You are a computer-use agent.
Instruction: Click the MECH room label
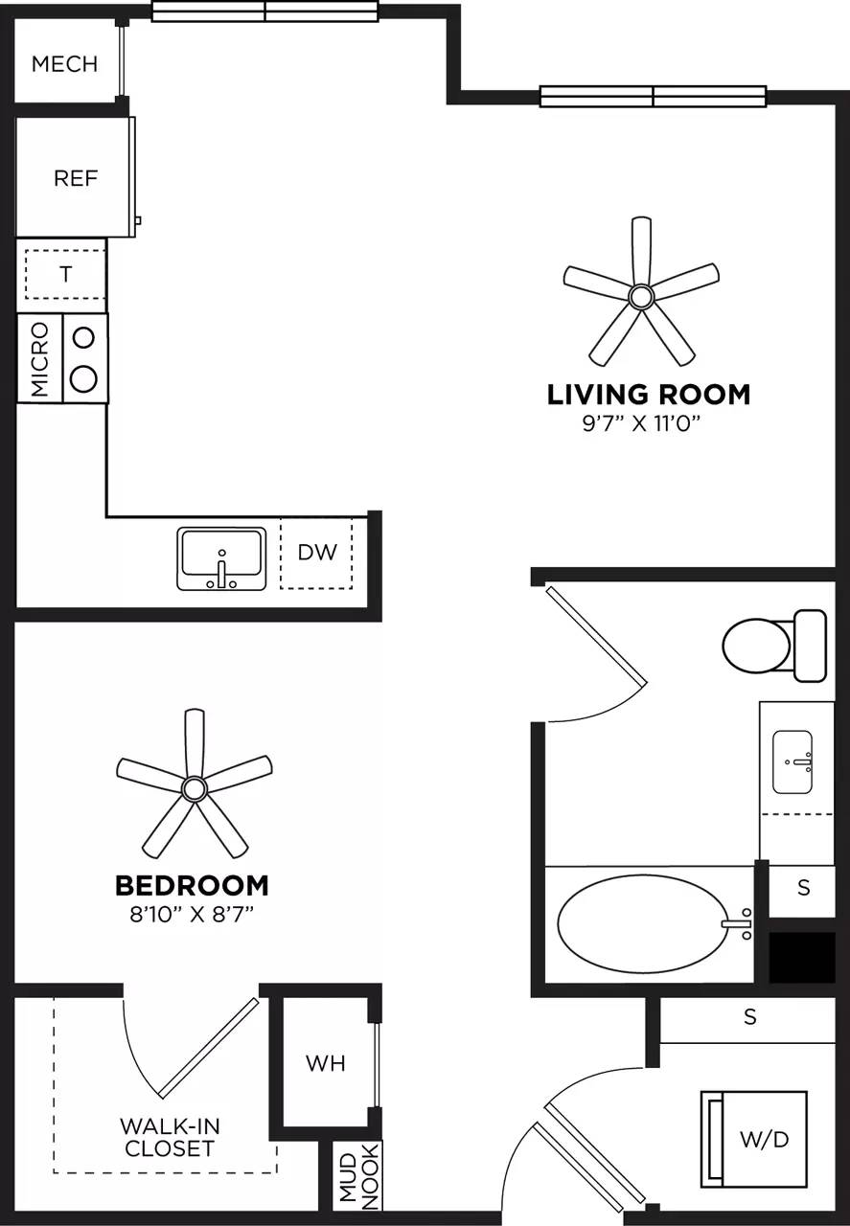[64, 64]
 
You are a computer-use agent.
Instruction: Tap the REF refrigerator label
[76, 178]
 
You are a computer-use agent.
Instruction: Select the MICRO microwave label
[39, 359]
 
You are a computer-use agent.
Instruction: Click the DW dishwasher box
[316, 554]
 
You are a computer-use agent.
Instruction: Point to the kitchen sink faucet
[221, 571]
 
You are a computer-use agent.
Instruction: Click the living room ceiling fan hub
[640, 296]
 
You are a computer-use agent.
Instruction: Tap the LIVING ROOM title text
[648, 395]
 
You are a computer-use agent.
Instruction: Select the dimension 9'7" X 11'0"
[648, 423]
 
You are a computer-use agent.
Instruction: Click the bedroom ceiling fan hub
[195, 788]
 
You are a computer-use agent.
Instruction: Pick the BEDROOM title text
[192, 885]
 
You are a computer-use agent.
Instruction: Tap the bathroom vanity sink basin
[793, 761]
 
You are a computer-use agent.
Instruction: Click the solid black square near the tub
[803, 957]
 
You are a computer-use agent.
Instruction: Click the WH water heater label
[325, 1063]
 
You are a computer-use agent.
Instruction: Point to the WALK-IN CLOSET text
[169, 1137]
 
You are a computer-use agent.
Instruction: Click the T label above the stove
[65, 274]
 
